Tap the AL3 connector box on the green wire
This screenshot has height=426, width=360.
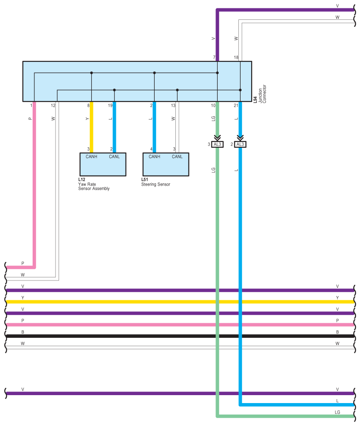click(x=217, y=144)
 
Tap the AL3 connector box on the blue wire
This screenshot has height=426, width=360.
click(x=240, y=144)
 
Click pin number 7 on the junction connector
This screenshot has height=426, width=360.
click(x=214, y=58)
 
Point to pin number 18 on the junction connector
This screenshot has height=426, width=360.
click(x=236, y=58)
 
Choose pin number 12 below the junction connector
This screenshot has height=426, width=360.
click(x=53, y=105)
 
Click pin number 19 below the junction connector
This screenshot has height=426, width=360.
click(x=110, y=105)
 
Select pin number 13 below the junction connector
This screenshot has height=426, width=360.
click(x=173, y=105)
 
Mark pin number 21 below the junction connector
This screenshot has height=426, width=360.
click(x=236, y=105)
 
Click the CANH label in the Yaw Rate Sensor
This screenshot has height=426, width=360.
click(x=92, y=157)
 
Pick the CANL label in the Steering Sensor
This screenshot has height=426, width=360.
click(x=177, y=157)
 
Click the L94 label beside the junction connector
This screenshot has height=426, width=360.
click(x=256, y=100)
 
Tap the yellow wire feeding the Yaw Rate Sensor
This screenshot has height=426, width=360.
click(x=92, y=128)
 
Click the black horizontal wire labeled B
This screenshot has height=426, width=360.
click(x=176, y=336)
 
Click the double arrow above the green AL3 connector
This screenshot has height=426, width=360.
click(x=217, y=137)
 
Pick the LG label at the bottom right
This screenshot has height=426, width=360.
click(x=337, y=412)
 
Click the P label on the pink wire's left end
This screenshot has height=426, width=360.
click(x=23, y=263)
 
